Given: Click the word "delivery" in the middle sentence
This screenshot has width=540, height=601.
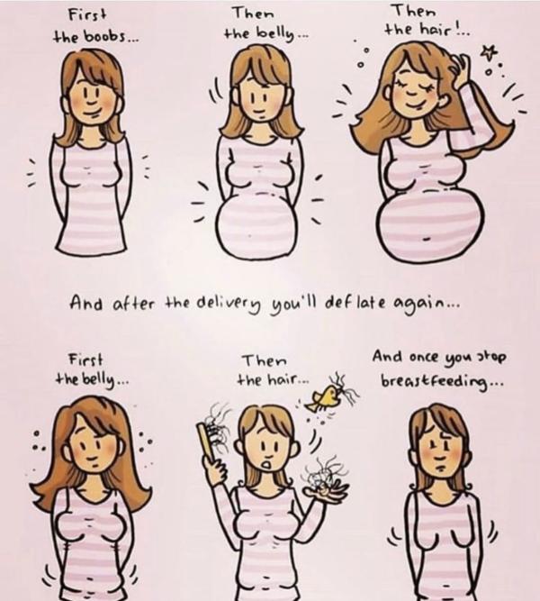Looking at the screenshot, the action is pyautogui.click(x=230, y=305).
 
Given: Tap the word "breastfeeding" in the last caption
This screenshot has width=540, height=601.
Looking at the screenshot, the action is pyautogui.click(x=436, y=381).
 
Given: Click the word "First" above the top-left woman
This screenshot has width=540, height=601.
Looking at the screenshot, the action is pyautogui.click(x=87, y=15).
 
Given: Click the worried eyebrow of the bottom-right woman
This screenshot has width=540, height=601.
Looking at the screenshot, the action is pyautogui.click(x=447, y=435).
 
